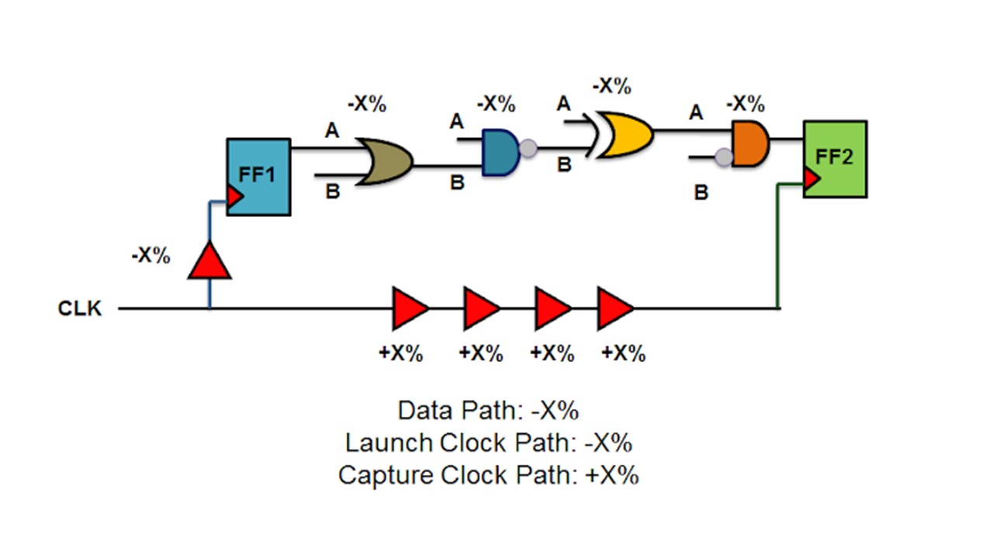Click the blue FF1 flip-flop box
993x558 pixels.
point(258,177)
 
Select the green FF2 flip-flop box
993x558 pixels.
point(835,158)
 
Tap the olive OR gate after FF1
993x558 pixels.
point(385,161)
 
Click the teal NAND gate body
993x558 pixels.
point(499,152)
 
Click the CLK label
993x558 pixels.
point(80,308)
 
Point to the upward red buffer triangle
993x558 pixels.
point(209,261)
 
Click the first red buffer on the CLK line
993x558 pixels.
point(410,308)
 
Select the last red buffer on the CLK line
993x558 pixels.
point(614,308)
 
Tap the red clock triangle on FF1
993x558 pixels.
point(235,197)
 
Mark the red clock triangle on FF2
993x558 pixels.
point(811,181)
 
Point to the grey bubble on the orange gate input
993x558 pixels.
point(724,157)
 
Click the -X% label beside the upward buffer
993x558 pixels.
point(151,256)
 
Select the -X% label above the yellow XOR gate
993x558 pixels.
point(611,85)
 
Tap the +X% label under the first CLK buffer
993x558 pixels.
point(401,353)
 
